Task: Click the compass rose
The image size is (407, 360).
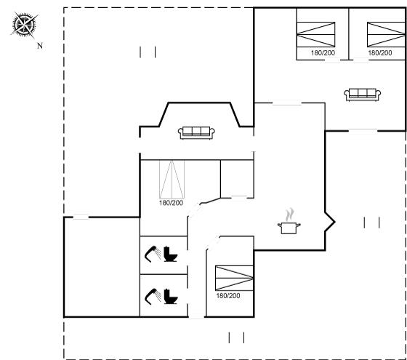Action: tap(24, 25)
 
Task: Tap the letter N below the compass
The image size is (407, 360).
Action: tap(40, 46)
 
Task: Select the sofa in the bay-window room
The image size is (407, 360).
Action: tap(196, 132)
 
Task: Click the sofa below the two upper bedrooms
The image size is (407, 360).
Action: tap(363, 95)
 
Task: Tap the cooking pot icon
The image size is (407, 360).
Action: tap(289, 228)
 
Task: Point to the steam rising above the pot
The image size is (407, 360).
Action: tap(290, 215)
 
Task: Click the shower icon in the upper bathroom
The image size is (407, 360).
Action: tap(153, 254)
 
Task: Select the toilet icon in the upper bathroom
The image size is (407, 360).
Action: tap(170, 254)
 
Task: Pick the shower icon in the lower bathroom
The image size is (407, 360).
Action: tap(153, 296)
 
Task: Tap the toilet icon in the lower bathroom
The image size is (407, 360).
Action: tap(170, 296)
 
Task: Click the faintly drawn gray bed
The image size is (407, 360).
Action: tap(172, 179)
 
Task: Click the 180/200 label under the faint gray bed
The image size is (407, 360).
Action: tap(171, 203)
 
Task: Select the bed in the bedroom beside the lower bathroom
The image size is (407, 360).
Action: tap(234, 278)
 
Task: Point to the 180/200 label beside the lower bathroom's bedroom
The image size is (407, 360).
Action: tap(228, 295)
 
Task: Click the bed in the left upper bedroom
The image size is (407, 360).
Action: tap(316, 34)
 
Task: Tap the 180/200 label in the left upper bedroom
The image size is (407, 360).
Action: tap(323, 53)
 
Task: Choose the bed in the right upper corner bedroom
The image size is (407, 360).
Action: tap(386, 34)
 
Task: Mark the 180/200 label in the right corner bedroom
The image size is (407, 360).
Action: tap(379, 53)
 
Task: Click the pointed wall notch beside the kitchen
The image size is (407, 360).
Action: tap(330, 222)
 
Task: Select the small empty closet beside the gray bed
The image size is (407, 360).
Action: tap(237, 179)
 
